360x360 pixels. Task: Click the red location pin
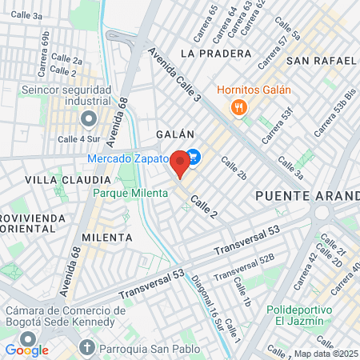(181, 164)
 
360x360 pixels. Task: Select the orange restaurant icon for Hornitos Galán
(236, 108)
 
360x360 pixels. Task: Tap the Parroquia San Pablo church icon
(88, 348)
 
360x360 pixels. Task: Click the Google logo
(27, 349)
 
